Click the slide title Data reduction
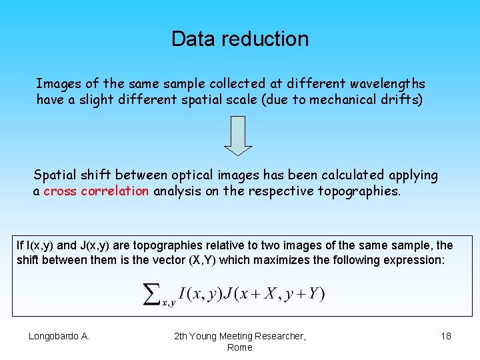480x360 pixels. (240, 39)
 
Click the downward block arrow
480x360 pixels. (238, 135)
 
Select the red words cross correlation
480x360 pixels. (96, 191)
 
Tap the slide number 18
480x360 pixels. (446, 336)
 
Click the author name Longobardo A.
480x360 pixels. (59, 336)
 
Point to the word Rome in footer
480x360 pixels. (240, 347)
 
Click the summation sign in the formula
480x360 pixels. (152, 293)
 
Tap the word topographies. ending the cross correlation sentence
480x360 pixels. (360, 191)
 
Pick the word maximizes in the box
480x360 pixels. (248, 260)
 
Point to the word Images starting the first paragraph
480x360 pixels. (59, 83)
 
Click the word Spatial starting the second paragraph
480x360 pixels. (55, 175)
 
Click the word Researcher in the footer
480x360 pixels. (278, 336)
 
